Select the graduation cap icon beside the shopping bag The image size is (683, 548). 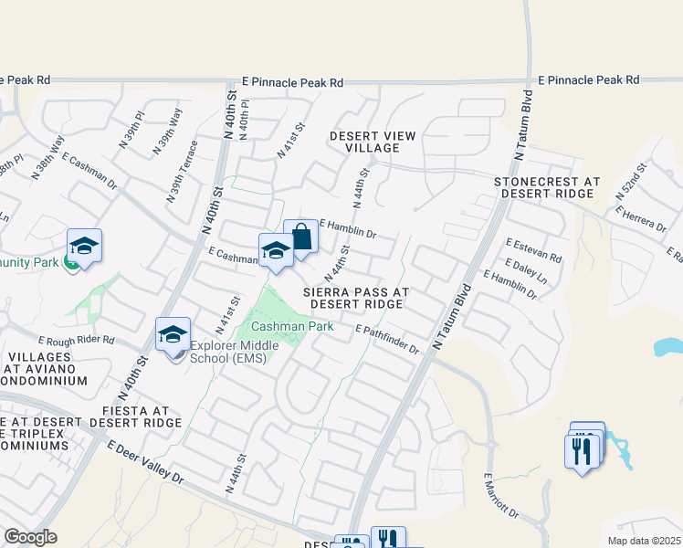tap(276, 252)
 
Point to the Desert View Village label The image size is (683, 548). tap(373, 142)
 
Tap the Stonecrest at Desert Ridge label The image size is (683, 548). tap(547, 188)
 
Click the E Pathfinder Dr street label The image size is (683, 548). tap(386, 340)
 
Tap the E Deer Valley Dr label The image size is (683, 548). tap(145, 463)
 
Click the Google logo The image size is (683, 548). tap(29, 537)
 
